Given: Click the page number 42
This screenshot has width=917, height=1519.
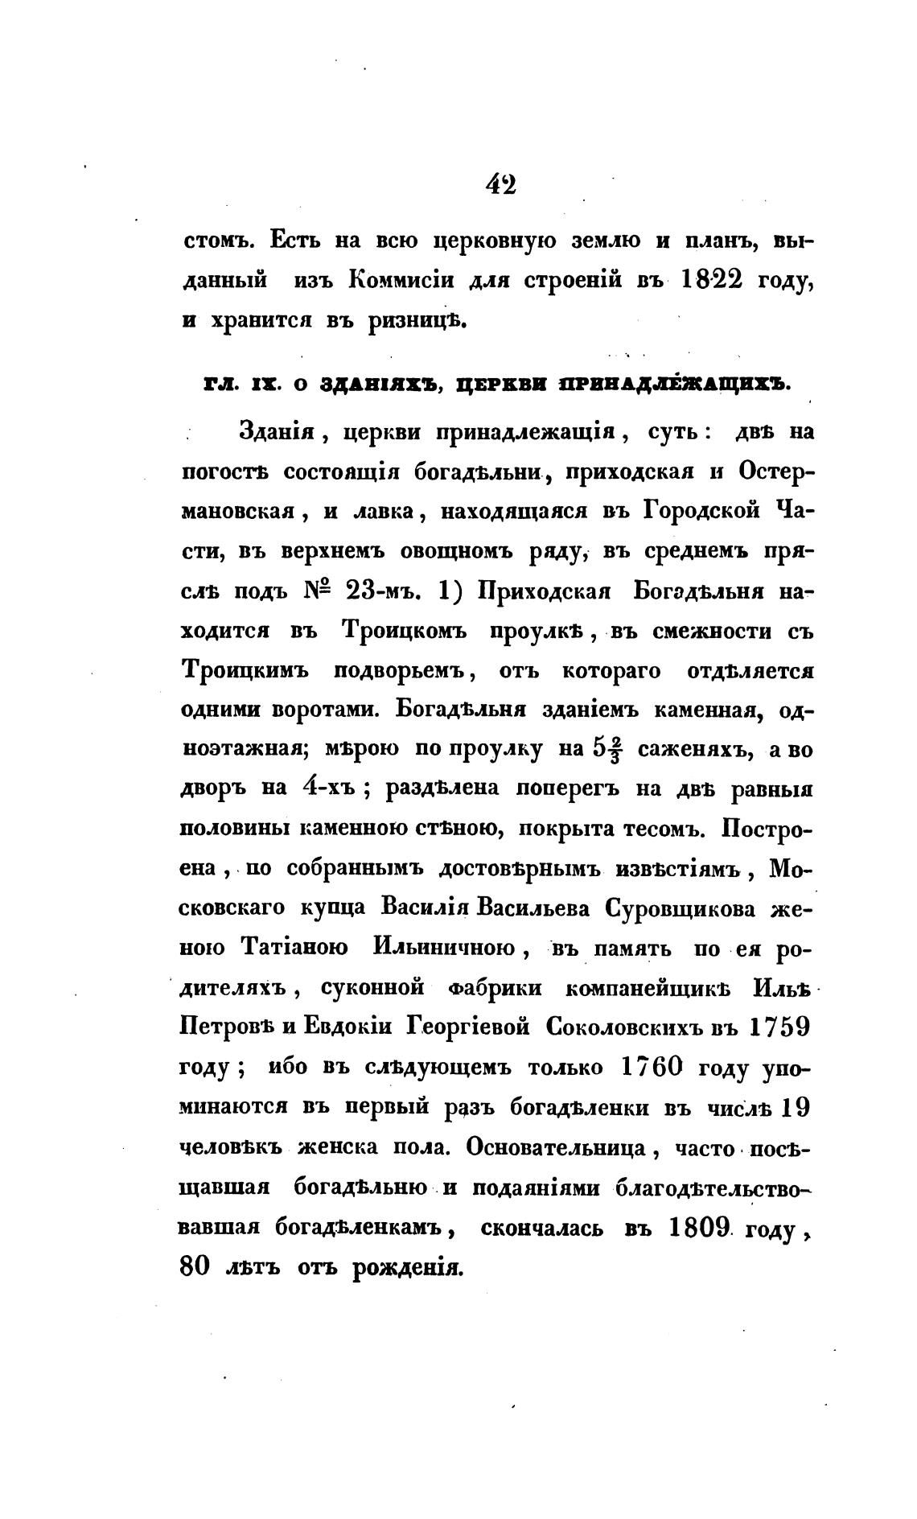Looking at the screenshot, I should [500, 184].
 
